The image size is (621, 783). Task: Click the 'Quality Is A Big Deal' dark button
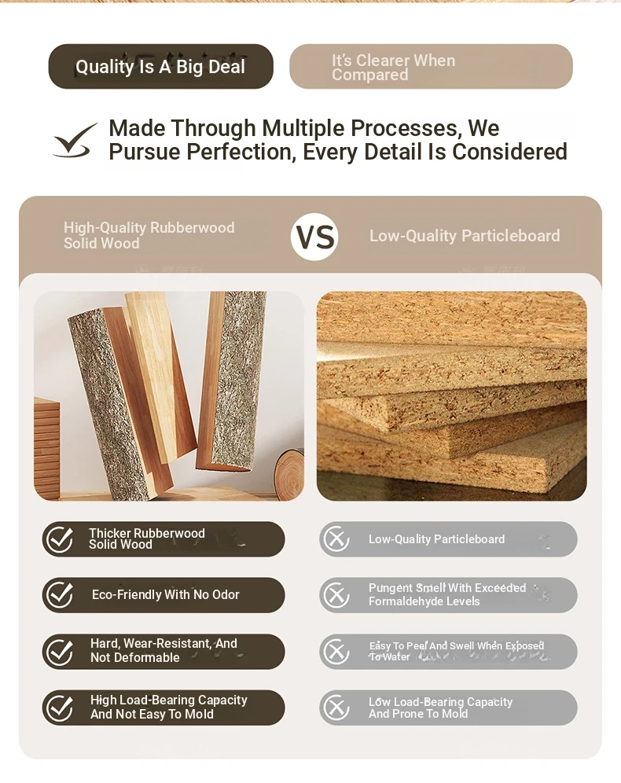point(160,66)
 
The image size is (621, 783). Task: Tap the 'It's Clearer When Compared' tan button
point(431,66)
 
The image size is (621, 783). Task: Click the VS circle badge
point(314,237)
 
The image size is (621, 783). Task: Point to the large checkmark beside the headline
point(75,141)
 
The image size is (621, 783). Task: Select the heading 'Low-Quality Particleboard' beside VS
point(465,236)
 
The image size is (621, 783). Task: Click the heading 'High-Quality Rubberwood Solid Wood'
point(149,235)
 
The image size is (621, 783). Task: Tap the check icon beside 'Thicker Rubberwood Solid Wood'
point(60,539)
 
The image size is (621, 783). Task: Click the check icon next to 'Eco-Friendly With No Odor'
point(60,595)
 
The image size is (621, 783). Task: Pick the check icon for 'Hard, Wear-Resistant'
point(60,652)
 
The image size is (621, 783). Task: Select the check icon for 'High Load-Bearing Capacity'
point(60,708)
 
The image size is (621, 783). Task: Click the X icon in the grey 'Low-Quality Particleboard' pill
point(336,539)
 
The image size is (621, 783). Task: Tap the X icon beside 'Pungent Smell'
point(336,595)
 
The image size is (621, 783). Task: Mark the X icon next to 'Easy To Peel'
point(336,652)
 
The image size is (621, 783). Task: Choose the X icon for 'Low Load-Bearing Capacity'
point(336,708)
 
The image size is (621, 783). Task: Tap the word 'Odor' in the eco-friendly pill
point(225,595)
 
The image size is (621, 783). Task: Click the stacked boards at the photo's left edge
point(46,448)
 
